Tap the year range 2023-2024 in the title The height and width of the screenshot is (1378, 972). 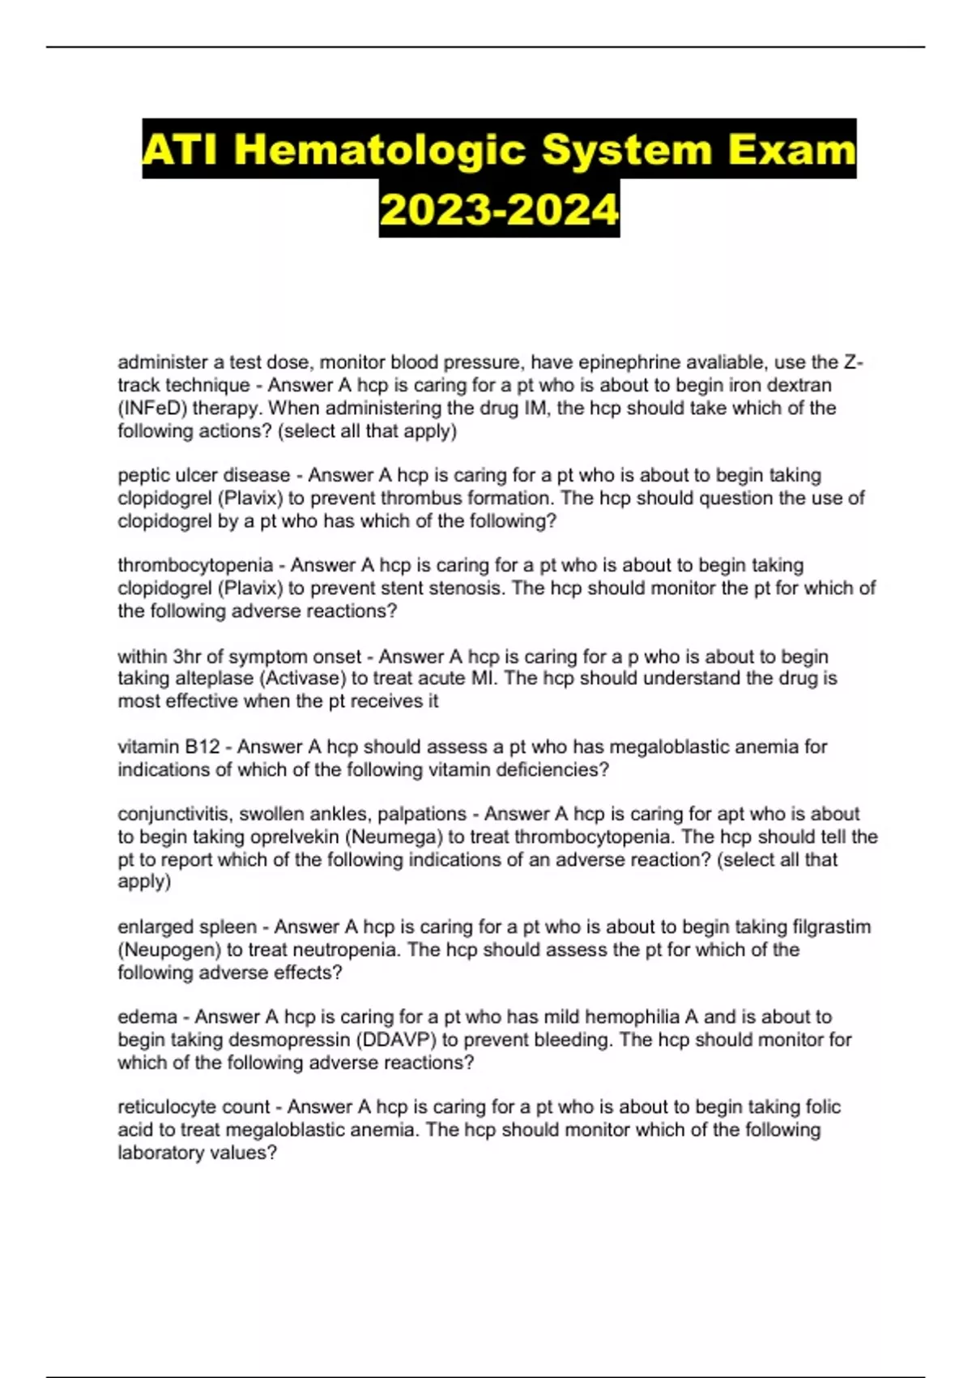pos(499,209)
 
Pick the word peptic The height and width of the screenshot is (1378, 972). pos(143,475)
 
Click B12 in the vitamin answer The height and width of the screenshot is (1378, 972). pos(202,747)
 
